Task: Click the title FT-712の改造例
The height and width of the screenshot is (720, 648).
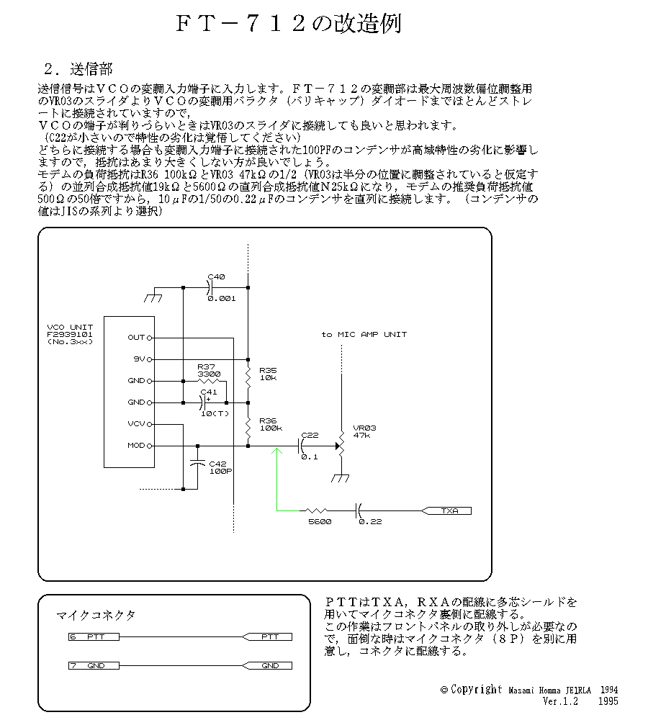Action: click(288, 24)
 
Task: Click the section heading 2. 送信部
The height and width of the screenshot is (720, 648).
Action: click(78, 70)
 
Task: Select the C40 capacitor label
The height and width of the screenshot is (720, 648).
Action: click(216, 276)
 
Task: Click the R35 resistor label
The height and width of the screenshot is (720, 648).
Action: click(266, 369)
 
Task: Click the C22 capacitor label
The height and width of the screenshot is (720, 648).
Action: click(310, 435)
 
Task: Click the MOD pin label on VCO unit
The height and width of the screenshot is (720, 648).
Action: click(136, 446)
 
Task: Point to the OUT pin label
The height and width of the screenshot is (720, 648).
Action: click(136, 337)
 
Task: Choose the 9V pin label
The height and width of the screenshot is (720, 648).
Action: click(138, 359)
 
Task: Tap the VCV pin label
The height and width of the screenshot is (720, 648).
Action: click(136, 424)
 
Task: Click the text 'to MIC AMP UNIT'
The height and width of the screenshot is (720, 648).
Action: click(364, 334)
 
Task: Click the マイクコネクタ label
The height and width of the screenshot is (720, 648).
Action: click(96, 616)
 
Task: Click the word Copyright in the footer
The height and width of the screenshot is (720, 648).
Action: click(476, 690)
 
